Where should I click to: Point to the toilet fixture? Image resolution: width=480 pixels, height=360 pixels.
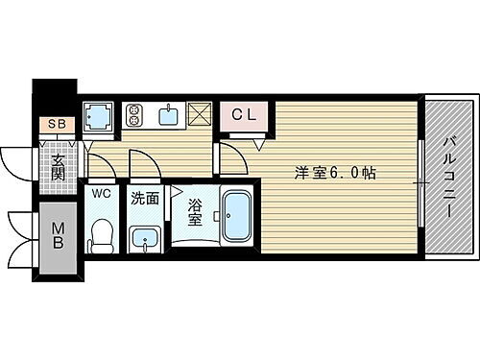coord(101,233)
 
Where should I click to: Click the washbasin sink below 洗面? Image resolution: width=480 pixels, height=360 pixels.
coord(145,237)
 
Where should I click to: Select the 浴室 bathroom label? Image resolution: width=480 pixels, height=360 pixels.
coord(193,212)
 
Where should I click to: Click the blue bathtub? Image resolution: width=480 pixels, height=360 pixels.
coord(235,218)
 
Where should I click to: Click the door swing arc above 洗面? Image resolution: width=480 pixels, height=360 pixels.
coord(142,164)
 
